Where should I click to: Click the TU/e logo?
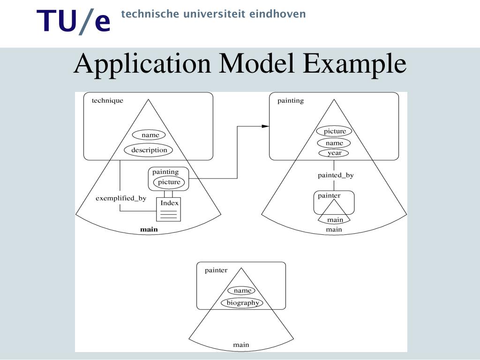(x=74, y=22)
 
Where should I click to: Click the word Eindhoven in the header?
(x=277, y=14)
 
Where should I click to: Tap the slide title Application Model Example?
(x=240, y=64)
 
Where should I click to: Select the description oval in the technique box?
(x=149, y=150)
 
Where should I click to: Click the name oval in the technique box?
(x=150, y=135)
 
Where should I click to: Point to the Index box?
(x=169, y=209)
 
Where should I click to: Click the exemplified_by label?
(x=121, y=198)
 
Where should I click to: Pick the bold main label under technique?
(x=149, y=230)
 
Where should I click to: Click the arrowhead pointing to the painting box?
(x=265, y=126)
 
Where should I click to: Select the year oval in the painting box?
(x=334, y=153)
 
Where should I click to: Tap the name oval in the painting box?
(x=334, y=143)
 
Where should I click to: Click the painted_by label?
(x=336, y=175)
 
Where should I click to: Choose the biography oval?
(x=242, y=303)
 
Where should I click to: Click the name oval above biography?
(x=242, y=291)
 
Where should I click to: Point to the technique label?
(x=107, y=100)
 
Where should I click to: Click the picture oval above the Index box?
(x=169, y=182)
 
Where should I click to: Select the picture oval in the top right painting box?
(x=334, y=131)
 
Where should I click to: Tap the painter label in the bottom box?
(x=216, y=270)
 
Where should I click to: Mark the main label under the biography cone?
(x=241, y=345)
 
